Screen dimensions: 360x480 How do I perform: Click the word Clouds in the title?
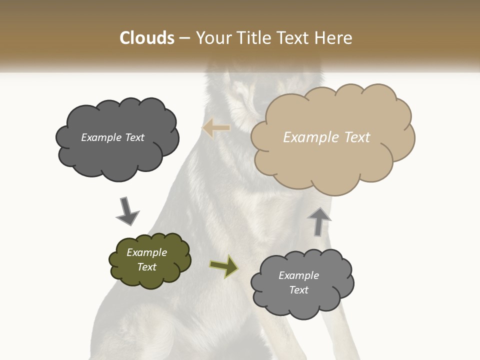point(147,38)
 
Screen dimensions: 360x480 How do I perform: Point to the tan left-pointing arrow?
point(216,128)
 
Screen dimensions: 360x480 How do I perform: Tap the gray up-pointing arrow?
point(319,221)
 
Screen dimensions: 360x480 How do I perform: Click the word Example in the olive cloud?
point(147,252)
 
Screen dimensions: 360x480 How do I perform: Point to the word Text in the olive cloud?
point(147,267)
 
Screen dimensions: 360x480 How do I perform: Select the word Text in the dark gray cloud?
point(133,137)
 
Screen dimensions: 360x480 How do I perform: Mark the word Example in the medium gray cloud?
point(299,275)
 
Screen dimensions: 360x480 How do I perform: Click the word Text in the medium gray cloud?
point(299,290)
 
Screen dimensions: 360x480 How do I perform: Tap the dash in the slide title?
point(185,38)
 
